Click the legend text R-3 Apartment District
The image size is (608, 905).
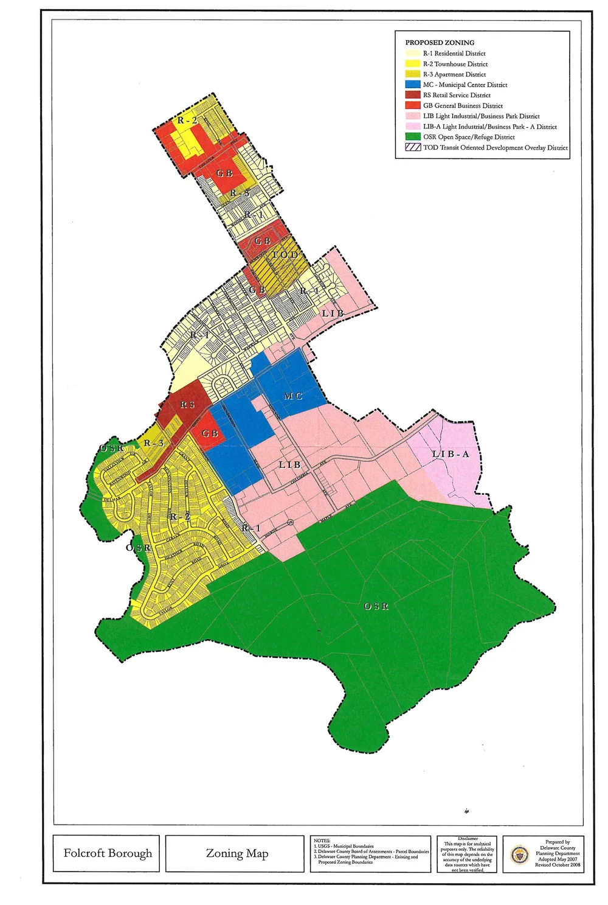pos(454,74)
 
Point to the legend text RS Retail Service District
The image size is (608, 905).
pos(457,95)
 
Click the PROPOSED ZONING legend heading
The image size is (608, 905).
pos(440,43)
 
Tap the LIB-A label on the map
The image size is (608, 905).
pos(451,454)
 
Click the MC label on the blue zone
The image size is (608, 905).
pos(293,396)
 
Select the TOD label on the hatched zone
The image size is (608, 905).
pos(285,254)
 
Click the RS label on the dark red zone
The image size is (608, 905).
pos(187,405)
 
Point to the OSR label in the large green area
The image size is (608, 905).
pos(376,606)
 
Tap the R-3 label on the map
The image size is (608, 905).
pos(154,443)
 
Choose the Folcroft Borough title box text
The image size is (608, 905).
pos(108,853)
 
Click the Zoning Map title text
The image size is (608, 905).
pos(237,853)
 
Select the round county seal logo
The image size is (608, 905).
pos(519,854)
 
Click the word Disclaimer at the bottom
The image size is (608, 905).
pos(467,838)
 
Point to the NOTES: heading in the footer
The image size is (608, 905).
pos(322,840)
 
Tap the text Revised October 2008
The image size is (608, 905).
pos(558,865)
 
